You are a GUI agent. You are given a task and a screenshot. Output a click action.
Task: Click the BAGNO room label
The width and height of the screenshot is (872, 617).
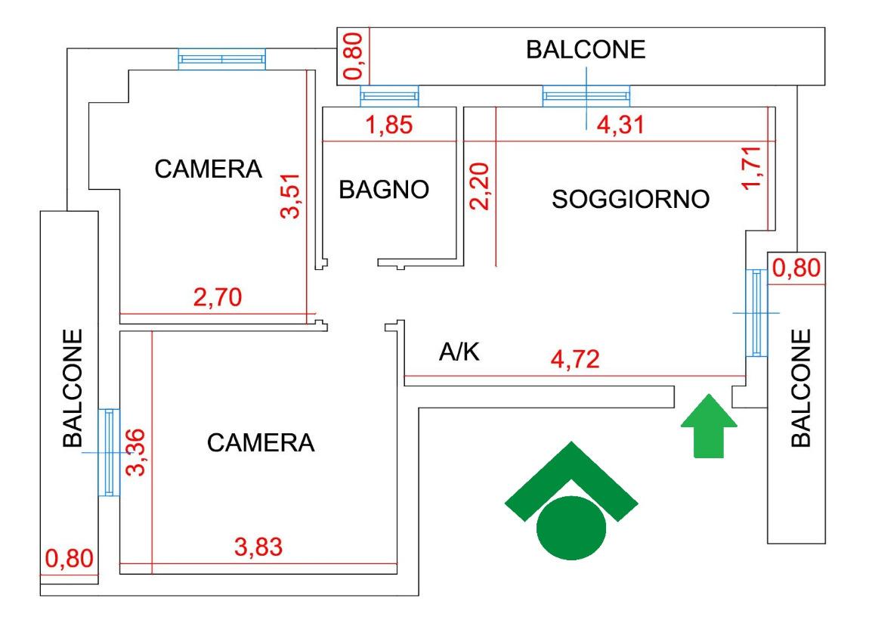pyautogui.click(x=384, y=190)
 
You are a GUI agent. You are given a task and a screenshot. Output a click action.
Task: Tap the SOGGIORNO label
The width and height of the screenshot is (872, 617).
pyautogui.click(x=631, y=199)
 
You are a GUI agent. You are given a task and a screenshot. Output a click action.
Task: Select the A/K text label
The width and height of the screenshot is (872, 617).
pyautogui.click(x=459, y=352)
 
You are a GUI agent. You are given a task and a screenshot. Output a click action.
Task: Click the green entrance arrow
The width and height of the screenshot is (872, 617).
pyautogui.click(x=709, y=426)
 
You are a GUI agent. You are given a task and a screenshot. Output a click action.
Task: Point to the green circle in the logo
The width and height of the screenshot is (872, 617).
pyautogui.click(x=571, y=528)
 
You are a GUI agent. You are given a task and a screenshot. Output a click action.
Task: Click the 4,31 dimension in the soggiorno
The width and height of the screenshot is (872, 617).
pyautogui.click(x=620, y=125)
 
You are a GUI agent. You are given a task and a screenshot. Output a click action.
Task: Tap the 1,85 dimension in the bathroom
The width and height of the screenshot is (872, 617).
pyautogui.click(x=389, y=125)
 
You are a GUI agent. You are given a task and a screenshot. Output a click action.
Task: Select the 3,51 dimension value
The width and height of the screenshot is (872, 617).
pyautogui.click(x=291, y=197)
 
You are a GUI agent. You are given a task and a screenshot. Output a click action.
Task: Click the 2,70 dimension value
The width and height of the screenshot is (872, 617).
pyautogui.click(x=218, y=297)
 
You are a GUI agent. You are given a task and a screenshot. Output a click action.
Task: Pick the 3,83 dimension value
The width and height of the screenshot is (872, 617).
pyautogui.click(x=258, y=547)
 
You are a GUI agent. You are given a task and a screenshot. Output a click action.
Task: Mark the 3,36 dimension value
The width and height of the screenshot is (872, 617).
pyautogui.click(x=135, y=452)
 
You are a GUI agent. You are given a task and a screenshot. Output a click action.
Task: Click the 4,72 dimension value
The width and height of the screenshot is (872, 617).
pyautogui.click(x=575, y=359)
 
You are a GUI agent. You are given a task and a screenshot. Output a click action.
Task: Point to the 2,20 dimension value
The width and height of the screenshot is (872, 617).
pyautogui.click(x=480, y=186)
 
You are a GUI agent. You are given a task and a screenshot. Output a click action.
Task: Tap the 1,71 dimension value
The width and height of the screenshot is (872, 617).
pyautogui.click(x=752, y=168)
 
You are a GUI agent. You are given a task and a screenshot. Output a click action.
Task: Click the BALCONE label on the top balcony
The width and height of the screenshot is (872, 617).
pyautogui.click(x=586, y=49)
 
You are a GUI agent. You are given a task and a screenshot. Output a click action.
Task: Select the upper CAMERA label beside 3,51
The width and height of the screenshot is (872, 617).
pyautogui.click(x=209, y=169)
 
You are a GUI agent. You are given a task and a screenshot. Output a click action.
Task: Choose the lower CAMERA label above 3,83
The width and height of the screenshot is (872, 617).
pyautogui.click(x=261, y=443)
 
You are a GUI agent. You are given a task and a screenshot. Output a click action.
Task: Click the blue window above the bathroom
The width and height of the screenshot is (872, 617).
pyautogui.click(x=389, y=96)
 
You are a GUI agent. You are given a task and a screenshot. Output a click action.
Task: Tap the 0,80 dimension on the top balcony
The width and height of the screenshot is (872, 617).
pyautogui.click(x=354, y=56)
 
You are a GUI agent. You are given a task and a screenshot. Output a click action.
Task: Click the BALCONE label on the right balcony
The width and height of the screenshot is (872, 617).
pyautogui.click(x=801, y=389)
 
